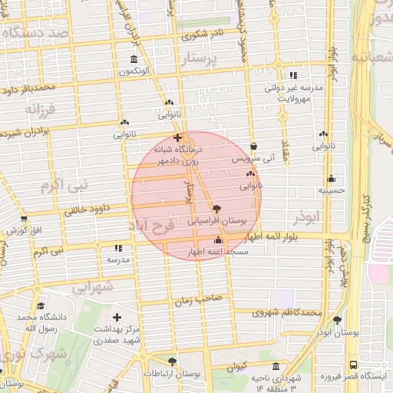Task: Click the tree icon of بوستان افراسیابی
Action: (x=217, y=208)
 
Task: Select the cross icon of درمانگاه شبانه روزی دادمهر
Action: (x=178, y=137)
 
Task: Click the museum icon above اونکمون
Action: (x=134, y=60)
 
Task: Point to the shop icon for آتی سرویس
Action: (x=254, y=147)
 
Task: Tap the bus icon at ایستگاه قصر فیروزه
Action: (x=352, y=365)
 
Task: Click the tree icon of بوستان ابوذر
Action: (x=337, y=320)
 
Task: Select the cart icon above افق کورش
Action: (x=13, y=218)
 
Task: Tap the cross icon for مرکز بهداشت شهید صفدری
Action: (x=117, y=316)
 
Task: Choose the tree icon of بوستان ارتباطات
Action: (x=172, y=361)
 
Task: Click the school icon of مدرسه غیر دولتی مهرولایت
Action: (x=292, y=75)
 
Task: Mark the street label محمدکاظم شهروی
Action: (x=288, y=312)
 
